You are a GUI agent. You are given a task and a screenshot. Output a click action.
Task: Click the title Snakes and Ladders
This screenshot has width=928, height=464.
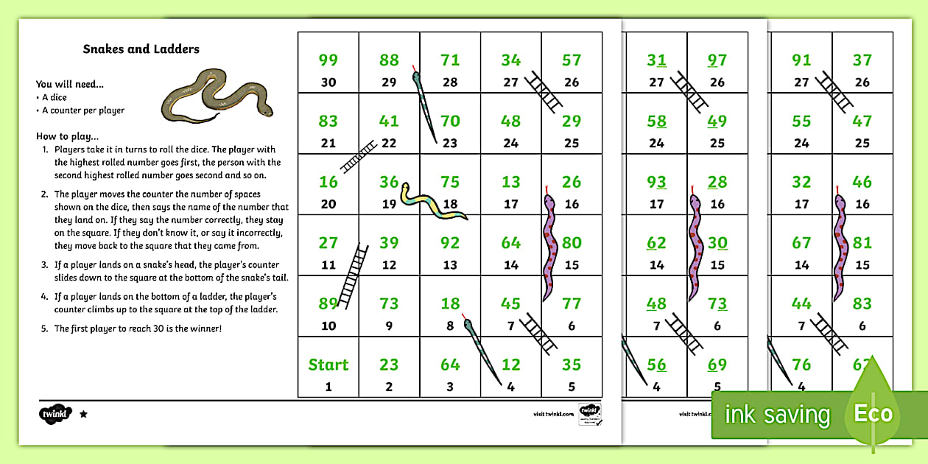[141, 49]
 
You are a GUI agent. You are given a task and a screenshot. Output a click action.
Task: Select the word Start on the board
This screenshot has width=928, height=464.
[328, 365]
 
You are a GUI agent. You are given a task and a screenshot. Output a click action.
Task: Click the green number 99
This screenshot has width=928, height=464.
[328, 60]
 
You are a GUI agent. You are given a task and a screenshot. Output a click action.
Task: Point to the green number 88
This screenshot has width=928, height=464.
[389, 60]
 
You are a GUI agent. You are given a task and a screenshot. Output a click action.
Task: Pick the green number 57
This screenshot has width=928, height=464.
[572, 60]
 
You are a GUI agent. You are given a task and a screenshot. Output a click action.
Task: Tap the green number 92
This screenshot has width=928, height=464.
[450, 243]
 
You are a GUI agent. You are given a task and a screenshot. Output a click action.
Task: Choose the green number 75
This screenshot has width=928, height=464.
[450, 182]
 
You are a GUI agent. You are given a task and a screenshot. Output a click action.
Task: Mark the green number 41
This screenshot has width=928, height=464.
[389, 121]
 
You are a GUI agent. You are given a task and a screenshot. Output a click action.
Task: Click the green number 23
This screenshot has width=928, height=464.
[389, 365]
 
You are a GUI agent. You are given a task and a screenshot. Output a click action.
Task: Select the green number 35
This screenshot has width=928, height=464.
[572, 365]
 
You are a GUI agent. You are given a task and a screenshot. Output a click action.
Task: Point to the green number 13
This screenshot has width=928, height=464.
[510, 182]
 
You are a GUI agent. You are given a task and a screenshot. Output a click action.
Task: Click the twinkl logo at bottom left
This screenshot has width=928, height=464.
[56, 413]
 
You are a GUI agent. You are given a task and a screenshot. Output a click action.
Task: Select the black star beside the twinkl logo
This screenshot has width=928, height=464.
[83, 415]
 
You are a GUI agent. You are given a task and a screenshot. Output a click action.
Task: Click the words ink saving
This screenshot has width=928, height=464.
[777, 414]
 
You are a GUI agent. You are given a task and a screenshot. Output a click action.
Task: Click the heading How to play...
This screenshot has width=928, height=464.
[67, 136]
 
